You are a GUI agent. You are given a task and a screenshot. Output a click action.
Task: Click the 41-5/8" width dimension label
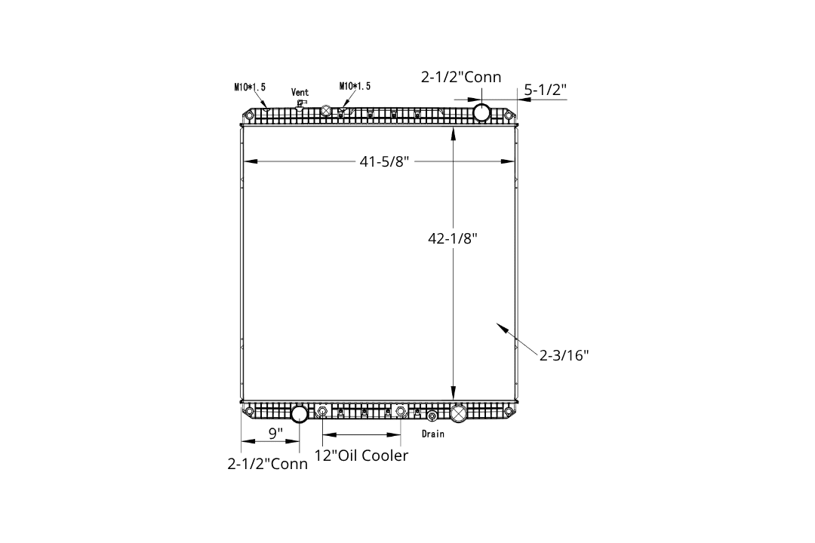click(x=384, y=161)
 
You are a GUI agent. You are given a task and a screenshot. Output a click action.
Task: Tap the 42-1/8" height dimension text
click(x=452, y=238)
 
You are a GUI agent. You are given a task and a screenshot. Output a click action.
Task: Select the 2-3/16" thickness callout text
click(x=564, y=355)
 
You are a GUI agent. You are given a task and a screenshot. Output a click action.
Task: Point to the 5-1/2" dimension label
click(x=545, y=90)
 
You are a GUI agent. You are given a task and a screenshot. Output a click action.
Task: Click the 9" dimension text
click(x=275, y=433)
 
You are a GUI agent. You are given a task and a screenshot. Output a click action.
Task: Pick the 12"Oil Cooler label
click(x=361, y=456)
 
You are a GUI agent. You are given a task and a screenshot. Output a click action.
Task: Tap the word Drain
click(x=433, y=434)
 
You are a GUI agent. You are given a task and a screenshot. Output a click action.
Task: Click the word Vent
click(x=300, y=93)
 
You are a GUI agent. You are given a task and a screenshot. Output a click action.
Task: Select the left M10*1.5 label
click(x=250, y=87)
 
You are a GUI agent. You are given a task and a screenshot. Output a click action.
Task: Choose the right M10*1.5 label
click(x=355, y=86)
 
